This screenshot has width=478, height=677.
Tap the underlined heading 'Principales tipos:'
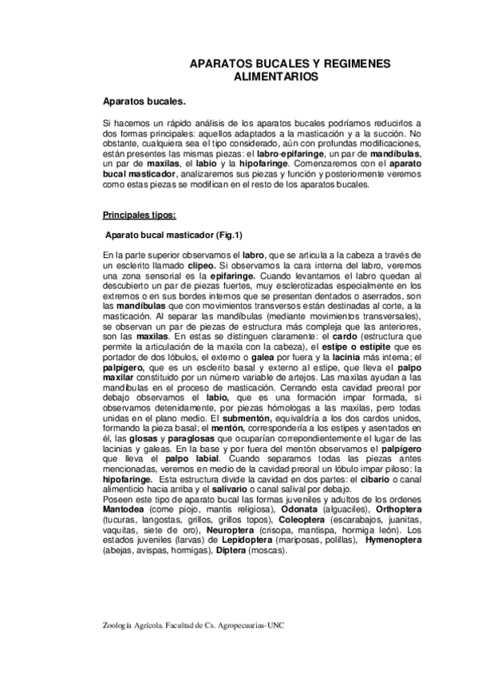(140, 215)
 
